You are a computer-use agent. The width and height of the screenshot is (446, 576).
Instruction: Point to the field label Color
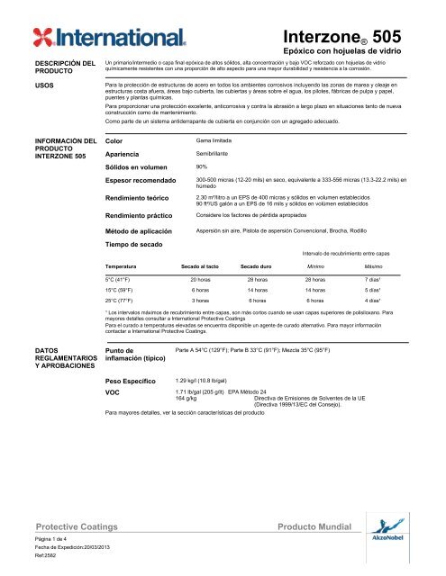point(114,142)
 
